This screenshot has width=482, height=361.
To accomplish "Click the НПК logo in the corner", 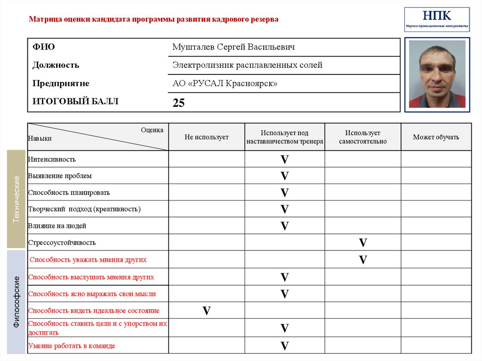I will point(437,19).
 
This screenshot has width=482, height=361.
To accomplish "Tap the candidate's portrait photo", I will point(437,74).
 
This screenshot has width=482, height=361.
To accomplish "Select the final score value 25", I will point(178,103).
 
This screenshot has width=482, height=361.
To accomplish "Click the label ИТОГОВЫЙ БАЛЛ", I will point(75,101).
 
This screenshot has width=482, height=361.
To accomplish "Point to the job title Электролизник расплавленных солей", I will point(247,65).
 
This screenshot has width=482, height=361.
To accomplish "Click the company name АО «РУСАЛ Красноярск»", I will point(225,83).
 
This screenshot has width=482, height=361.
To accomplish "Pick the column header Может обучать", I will point(436,137).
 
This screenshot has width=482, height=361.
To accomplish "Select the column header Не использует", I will point(206,137).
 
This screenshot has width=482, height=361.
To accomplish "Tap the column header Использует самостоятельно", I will point(362,137).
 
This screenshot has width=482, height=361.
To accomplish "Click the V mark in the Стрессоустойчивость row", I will point(362,243).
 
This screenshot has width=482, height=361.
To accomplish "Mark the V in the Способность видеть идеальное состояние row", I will point(206,311).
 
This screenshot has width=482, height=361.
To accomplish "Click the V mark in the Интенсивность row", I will point(284,160).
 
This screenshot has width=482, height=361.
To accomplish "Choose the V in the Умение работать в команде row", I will point(284,346).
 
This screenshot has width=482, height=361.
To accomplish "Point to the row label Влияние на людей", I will point(57,226).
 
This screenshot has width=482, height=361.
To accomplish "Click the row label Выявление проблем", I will point(60,176).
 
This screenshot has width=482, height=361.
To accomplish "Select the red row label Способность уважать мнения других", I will point(88,259).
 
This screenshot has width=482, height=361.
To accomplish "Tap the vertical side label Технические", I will point(16,199).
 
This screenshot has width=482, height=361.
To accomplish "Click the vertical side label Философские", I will point(16,302).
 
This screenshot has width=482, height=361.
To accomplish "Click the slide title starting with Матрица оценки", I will point(153,19).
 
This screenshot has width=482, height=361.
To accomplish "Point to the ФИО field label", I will point(43,47).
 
